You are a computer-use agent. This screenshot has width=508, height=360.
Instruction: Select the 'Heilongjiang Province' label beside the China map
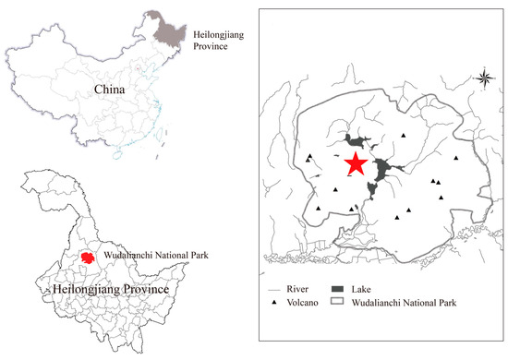221,39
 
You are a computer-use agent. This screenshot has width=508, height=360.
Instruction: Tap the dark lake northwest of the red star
353,141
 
